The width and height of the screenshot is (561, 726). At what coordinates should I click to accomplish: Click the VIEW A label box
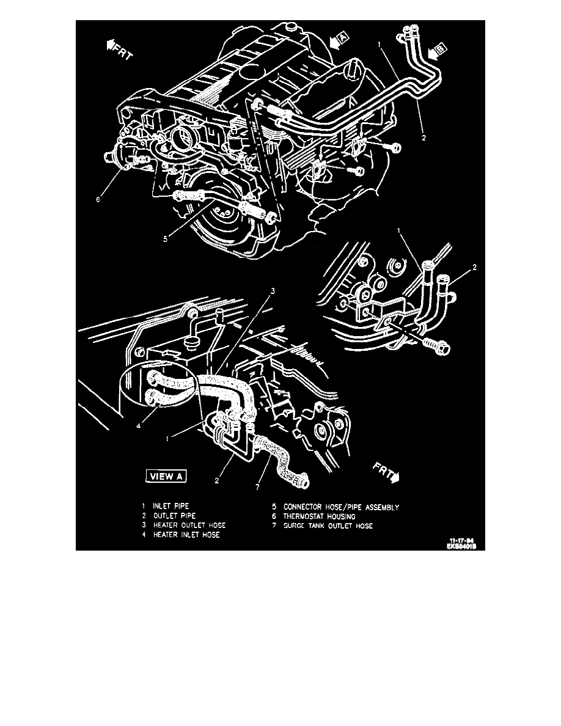click(x=165, y=477)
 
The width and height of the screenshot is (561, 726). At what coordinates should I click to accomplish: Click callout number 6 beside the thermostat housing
click(x=98, y=199)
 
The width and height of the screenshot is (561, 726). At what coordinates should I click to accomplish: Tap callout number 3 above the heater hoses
click(x=273, y=291)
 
